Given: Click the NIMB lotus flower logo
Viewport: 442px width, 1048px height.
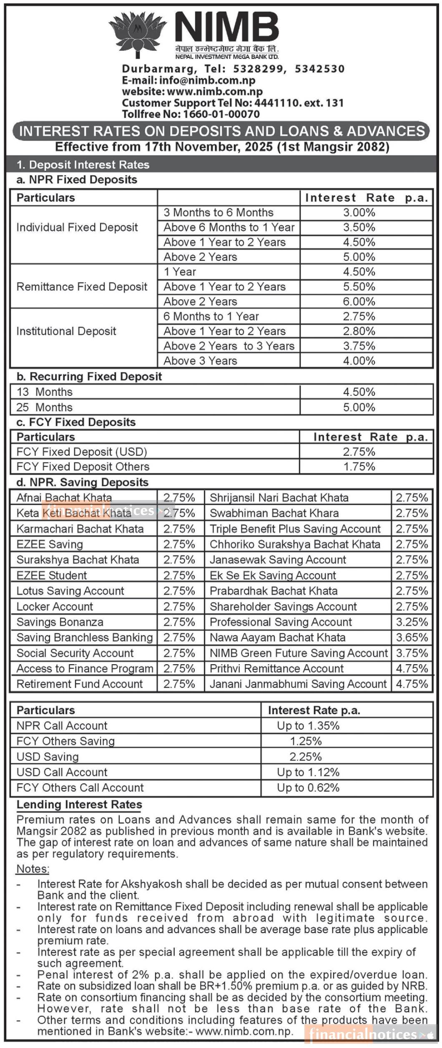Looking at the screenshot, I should (x=137, y=34).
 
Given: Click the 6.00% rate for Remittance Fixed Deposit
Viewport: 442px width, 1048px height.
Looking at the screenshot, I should (x=359, y=302).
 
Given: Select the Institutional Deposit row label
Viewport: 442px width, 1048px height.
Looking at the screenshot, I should (x=66, y=331).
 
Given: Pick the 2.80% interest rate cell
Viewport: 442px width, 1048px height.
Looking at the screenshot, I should (x=359, y=331).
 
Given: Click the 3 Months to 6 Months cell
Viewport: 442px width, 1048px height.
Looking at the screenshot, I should (x=218, y=213).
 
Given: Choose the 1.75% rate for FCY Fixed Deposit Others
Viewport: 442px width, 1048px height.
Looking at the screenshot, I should (x=359, y=467).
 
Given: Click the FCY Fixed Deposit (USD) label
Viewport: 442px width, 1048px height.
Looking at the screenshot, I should (x=82, y=452).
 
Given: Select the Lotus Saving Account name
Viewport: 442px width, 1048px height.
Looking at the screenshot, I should (x=70, y=591).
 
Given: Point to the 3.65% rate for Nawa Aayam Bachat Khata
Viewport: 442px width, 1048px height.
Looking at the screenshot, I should (x=412, y=638).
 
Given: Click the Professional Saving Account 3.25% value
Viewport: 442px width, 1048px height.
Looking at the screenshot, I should (x=412, y=622).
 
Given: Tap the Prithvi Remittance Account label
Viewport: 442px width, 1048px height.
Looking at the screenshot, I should (x=276, y=668).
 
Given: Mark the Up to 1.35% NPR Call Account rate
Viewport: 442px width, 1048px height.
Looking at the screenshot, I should (x=308, y=726).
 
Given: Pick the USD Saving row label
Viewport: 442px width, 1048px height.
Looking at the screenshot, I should (x=48, y=757).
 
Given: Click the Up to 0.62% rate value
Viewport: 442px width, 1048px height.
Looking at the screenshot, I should (x=308, y=788).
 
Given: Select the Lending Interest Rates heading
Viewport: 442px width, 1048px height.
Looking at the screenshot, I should (x=79, y=805).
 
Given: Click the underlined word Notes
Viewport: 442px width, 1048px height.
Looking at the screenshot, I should (x=33, y=869).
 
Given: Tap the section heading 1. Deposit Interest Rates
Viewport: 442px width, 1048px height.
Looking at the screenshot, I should (x=83, y=165).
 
